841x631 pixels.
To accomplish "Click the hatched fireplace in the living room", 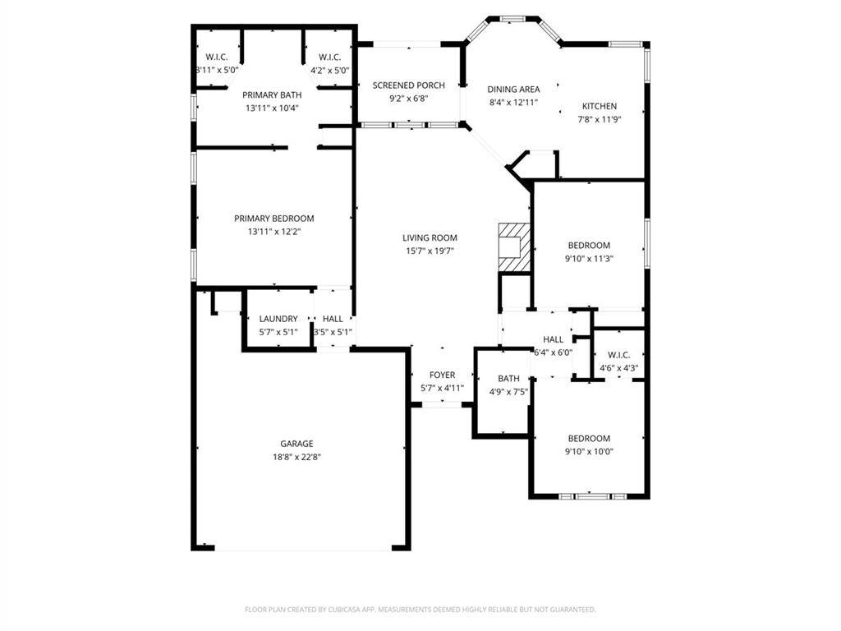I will (514, 246).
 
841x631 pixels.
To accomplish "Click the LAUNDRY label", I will (278, 319).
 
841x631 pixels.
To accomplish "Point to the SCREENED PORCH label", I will (408, 85).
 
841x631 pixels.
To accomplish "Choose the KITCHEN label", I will (600, 106).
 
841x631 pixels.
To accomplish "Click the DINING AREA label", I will (513, 90).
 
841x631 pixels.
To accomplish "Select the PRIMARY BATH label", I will (272, 95).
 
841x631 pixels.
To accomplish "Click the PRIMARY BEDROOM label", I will (274, 219).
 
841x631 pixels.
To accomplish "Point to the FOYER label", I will (442, 375).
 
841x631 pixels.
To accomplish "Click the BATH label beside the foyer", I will (508, 379).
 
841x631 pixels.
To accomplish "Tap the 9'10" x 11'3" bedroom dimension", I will (590, 258).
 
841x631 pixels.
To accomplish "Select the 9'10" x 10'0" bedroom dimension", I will (590, 451).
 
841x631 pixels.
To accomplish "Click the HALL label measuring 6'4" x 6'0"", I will (553, 339).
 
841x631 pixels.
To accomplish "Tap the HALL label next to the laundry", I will (333, 319).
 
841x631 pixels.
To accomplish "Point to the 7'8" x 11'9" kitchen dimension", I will (600, 119).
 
